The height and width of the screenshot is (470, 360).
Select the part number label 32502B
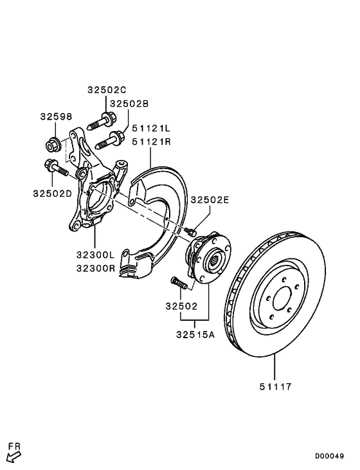129,103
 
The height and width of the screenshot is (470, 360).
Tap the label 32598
56,116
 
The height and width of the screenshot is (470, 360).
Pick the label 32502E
210,200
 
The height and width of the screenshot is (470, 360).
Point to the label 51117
275,386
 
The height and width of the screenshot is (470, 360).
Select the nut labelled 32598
54,143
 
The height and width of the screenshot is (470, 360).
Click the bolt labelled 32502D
54,168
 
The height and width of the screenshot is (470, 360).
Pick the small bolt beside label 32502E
189,230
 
